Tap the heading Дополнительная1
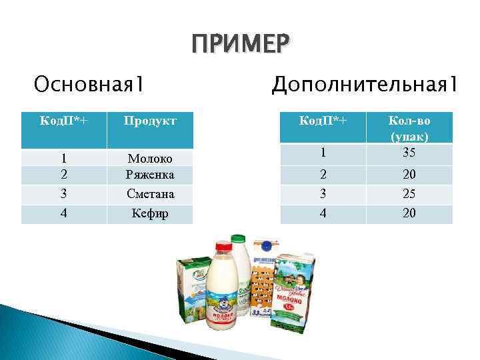click(364, 84)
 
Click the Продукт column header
click(150, 121)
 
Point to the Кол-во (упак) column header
click(409, 127)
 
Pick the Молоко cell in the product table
click(150, 159)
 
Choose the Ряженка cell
click(150, 175)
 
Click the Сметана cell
click(150, 194)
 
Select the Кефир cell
click(150, 214)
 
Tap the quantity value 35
click(409, 153)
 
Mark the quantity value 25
click(409, 194)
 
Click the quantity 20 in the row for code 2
click(409, 175)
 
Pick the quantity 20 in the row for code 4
click(409, 213)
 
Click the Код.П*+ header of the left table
click(65, 121)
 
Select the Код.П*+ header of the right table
click(323, 121)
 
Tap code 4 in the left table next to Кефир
click(65, 214)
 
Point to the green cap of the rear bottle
click(238, 238)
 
